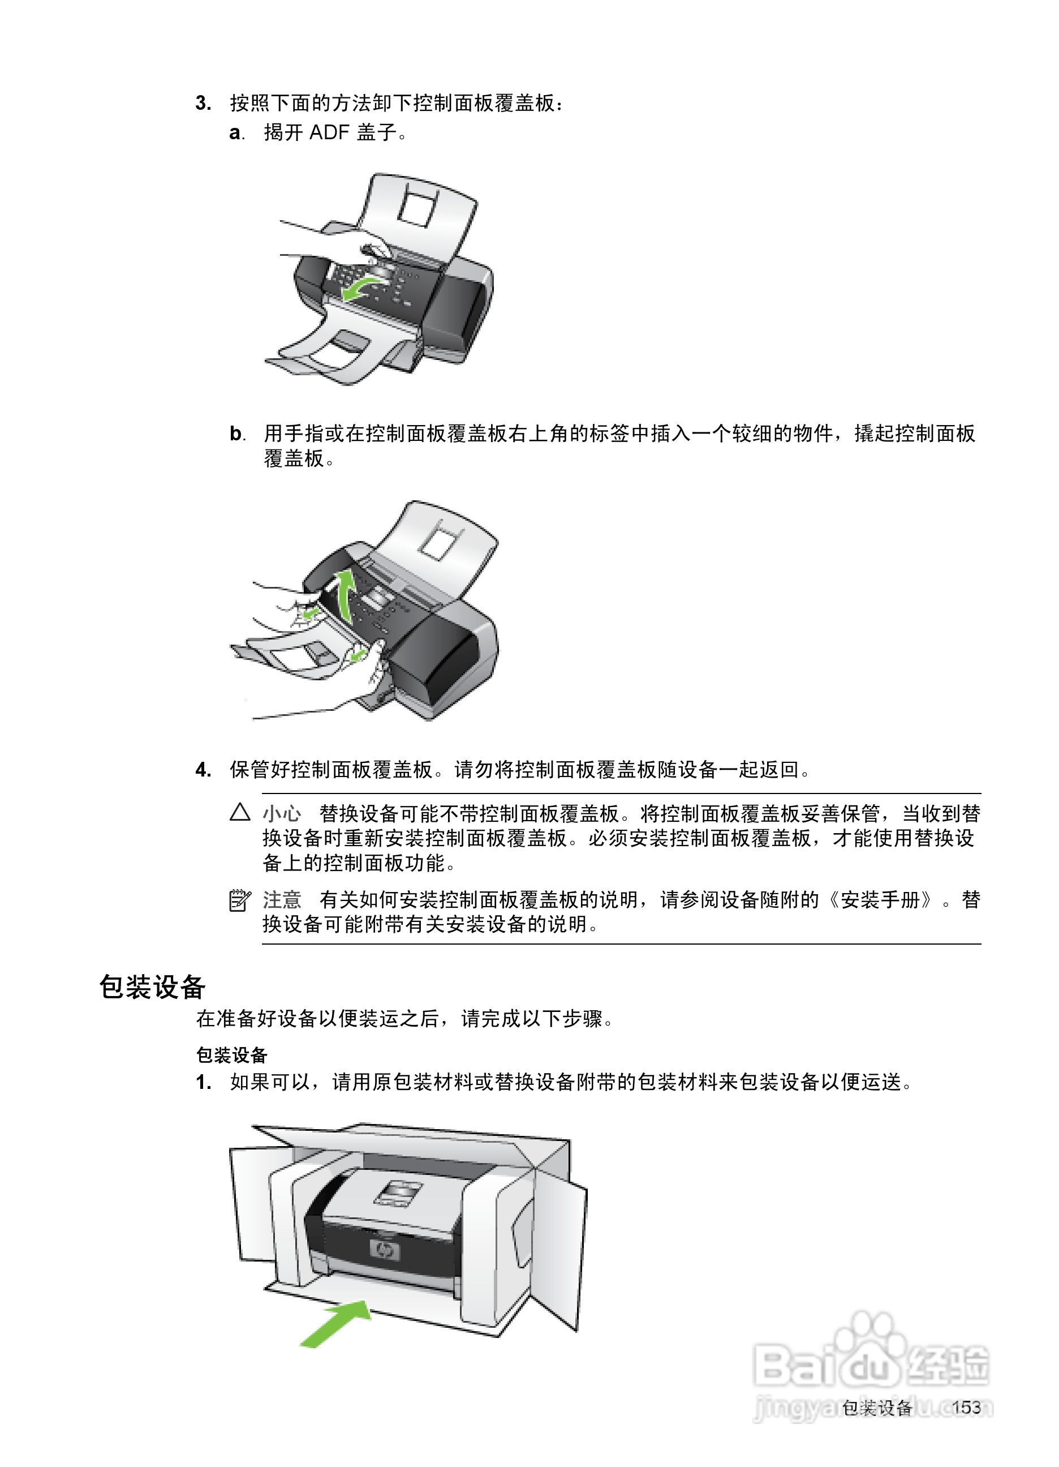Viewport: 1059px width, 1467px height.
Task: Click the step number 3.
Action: click(203, 104)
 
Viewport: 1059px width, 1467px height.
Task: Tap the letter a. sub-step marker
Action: click(236, 133)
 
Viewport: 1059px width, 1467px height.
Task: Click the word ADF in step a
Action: click(329, 132)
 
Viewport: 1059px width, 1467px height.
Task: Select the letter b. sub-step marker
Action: click(236, 434)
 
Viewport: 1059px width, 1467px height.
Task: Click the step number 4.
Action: click(203, 770)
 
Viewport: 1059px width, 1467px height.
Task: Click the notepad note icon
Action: click(240, 900)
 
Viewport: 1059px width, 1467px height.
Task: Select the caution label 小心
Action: click(282, 813)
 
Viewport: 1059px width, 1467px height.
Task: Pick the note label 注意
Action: click(282, 900)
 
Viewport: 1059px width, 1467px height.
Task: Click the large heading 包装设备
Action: click(153, 987)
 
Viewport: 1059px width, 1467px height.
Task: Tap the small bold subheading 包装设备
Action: click(231, 1056)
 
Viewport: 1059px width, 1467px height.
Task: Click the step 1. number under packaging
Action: click(203, 1082)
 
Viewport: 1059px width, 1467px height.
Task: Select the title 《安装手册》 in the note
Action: click(881, 900)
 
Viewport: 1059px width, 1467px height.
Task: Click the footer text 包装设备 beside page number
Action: click(877, 1408)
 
